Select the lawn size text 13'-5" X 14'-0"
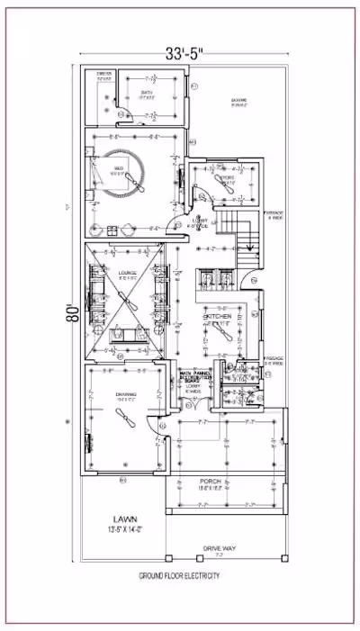124,530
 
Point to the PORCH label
211,482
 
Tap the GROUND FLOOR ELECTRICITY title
180,575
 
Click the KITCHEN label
218,318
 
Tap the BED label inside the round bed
118,167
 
